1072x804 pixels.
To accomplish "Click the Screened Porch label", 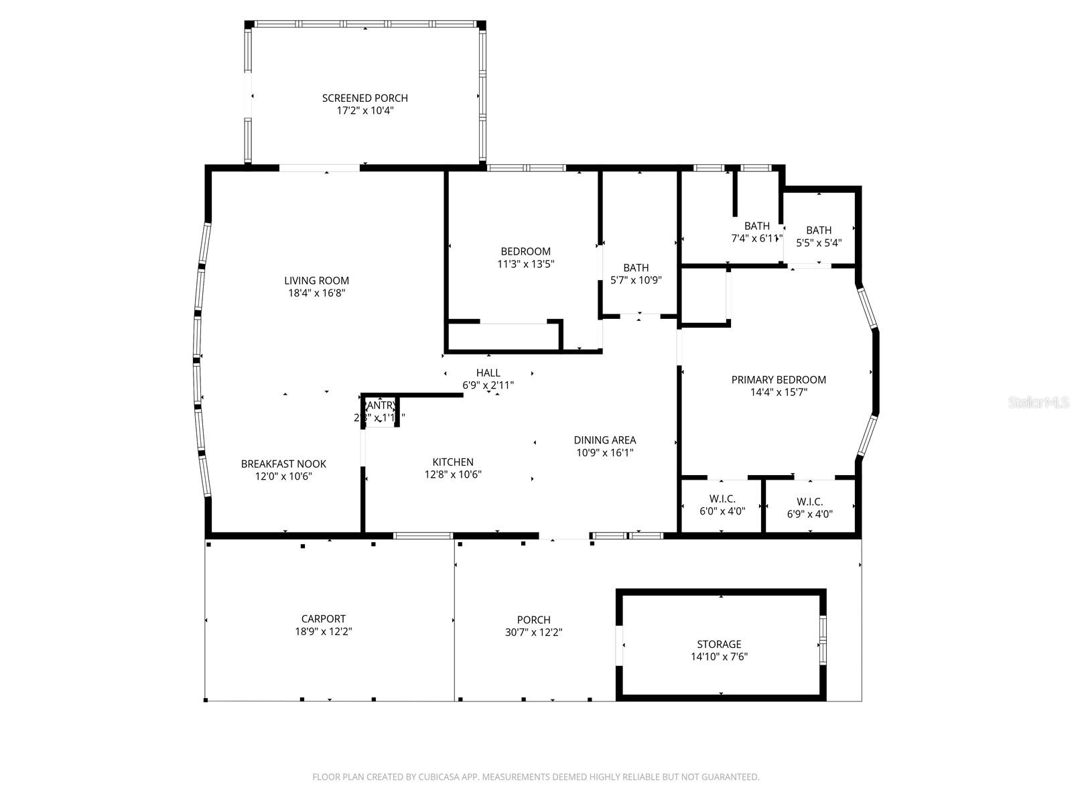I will pyautogui.click(x=364, y=98).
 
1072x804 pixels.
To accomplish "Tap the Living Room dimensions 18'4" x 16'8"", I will pyautogui.click(x=316, y=293).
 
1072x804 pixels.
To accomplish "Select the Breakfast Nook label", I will pyautogui.click(x=283, y=464).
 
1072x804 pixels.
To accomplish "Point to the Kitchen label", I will pyautogui.click(x=453, y=462).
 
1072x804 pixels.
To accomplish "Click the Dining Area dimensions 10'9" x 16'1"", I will pyautogui.click(x=604, y=452).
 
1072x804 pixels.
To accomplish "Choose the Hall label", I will pyautogui.click(x=488, y=373).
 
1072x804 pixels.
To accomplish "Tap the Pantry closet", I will pyautogui.click(x=380, y=411).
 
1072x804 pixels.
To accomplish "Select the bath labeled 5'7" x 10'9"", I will pyautogui.click(x=636, y=274).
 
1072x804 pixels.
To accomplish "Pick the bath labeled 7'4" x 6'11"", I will pyautogui.click(x=756, y=232).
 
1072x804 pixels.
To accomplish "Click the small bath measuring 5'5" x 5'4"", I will pyautogui.click(x=819, y=237).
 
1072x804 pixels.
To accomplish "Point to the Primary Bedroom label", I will pyautogui.click(x=779, y=379).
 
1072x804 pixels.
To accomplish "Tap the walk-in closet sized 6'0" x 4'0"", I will pyautogui.click(x=722, y=505).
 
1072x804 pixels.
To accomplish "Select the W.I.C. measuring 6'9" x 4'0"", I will pyautogui.click(x=809, y=508).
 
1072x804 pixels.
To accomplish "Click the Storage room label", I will pyautogui.click(x=719, y=644).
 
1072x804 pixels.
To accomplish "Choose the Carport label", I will pyautogui.click(x=324, y=619).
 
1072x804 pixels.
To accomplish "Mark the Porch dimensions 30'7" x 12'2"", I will pyautogui.click(x=533, y=632).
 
